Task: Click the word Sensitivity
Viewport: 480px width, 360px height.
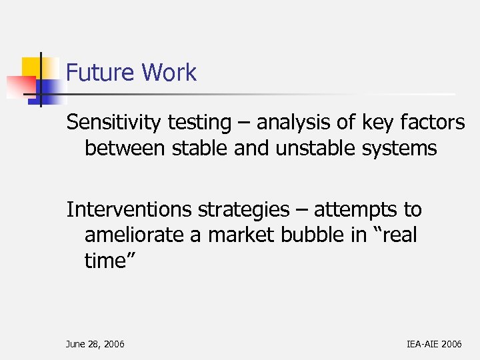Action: (114, 123)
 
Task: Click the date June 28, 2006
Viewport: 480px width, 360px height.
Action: (95, 344)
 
